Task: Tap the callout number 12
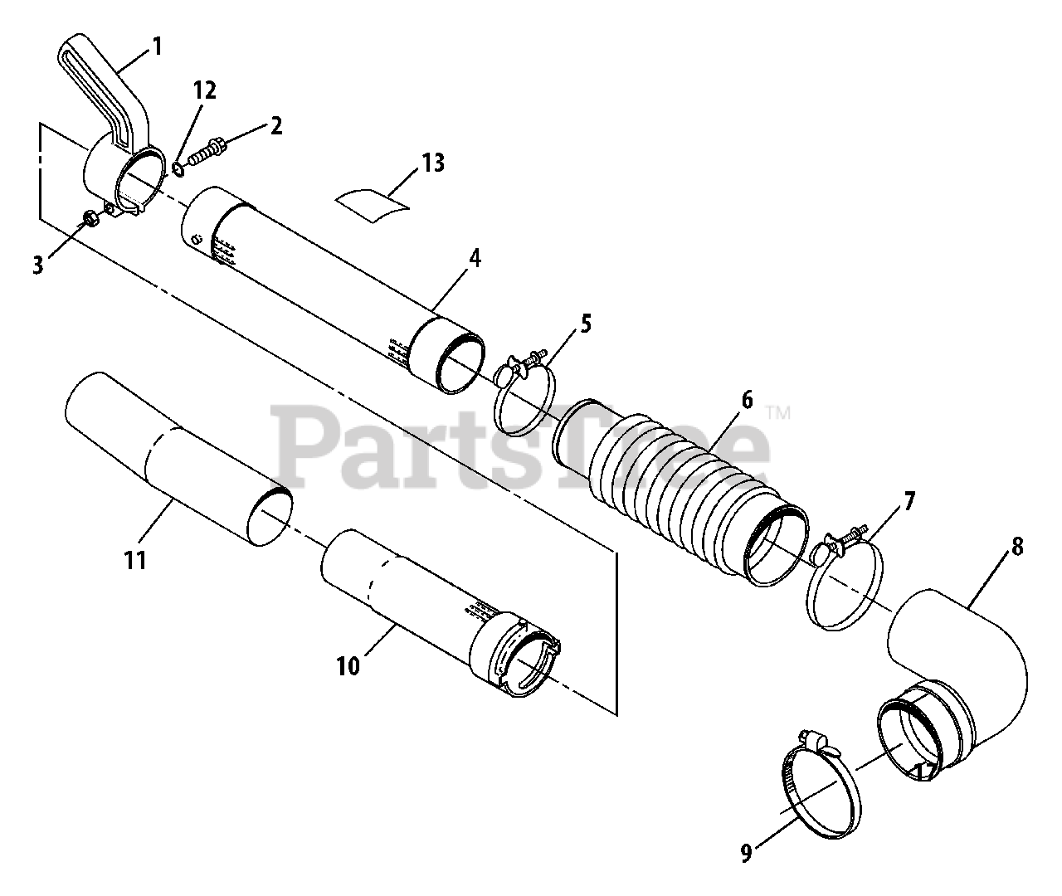[204, 91]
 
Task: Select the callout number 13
[432, 163]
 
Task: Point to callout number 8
[1017, 548]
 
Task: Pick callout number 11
[135, 560]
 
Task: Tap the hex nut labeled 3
[91, 221]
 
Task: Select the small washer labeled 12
[178, 170]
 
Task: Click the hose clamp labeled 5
[525, 390]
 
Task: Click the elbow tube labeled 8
[962, 655]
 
